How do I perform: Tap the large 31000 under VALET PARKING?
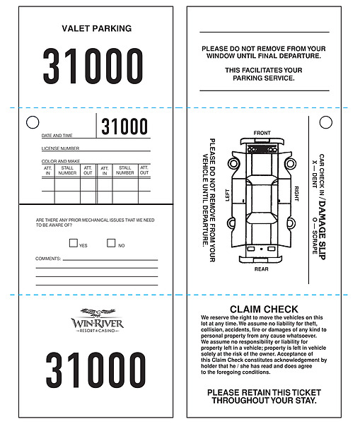pos(93,66)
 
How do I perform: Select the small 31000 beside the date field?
pos(124,127)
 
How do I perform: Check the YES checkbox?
pos(74,243)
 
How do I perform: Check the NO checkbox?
pos(111,243)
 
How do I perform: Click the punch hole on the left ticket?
pos(32,123)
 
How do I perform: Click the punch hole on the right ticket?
pos(325,123)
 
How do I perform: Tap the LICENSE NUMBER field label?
pos(60,148)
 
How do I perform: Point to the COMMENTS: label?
pos(48,259)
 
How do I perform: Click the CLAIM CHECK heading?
pos(264,310)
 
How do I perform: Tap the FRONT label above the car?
pos(262,134)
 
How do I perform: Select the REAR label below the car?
pos(262,269)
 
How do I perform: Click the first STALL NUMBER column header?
pos(67,170)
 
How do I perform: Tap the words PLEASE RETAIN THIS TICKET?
pos(264,392)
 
